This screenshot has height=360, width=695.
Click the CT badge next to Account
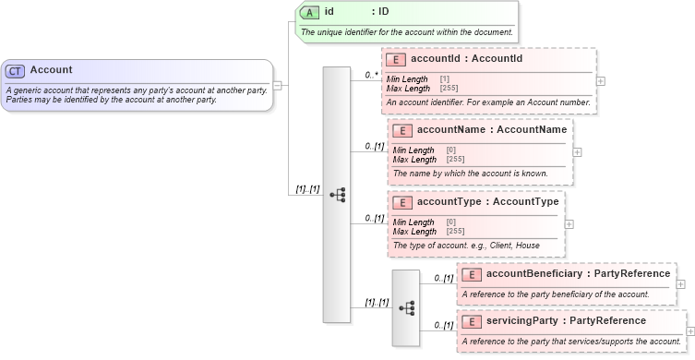coord(15,70)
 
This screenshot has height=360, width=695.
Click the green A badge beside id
coord(311,13)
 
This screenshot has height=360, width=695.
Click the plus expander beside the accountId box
coord(602,80)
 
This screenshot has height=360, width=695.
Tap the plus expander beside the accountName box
coord(578,151)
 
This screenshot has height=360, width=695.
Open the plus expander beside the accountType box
coord(569,223)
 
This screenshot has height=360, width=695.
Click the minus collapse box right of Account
coord(278,85)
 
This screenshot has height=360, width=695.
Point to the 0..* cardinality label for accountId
coord(372,75)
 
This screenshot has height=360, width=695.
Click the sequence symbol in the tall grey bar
coord(337,195)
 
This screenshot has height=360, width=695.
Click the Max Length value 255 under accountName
coord(455,160)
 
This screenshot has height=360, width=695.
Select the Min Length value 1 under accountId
coord(445,79)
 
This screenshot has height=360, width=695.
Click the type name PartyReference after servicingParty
coord(632,320)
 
